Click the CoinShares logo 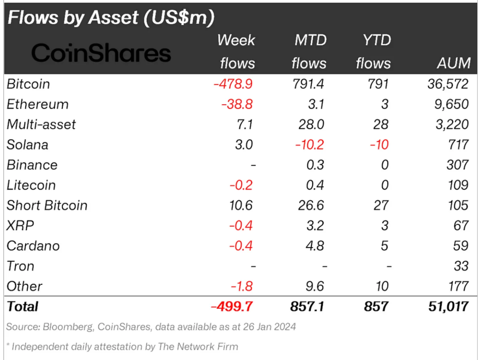click(x=101, y=53)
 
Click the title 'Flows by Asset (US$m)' click(x=111, y=17)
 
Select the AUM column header click(x=453, y=63)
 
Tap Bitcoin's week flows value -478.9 click(x=233, y=84)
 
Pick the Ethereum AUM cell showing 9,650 click(x=451, y=104)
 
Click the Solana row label click(x=27, y=145)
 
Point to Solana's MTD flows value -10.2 click(x=309, y=145)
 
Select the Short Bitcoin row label click(x=47, y=205)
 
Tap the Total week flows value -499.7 click(x=232, y=306)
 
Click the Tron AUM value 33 click(x=461, y=266)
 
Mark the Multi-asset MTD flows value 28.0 click(x=313, y=124)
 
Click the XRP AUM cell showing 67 click(x=461, y=225)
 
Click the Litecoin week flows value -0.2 click(x=241, y=185)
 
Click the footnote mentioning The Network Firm click(x=122, y=346)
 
